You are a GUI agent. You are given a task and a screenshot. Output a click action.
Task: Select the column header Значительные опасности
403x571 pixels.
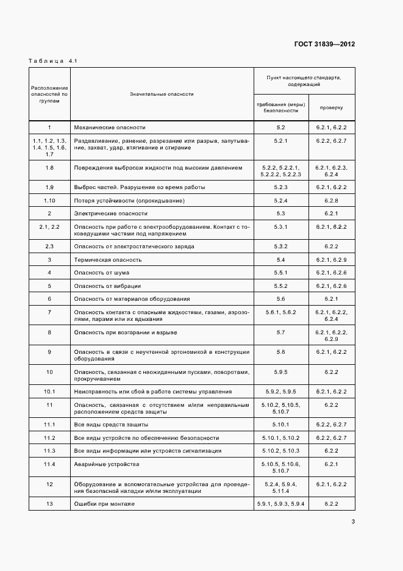[162, 94]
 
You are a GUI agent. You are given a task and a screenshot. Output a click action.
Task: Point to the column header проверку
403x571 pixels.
[331, 107]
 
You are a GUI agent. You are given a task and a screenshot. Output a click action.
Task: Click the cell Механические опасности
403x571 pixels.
[110, 127]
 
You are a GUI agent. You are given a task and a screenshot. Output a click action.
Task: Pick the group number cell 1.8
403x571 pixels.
[49, 167]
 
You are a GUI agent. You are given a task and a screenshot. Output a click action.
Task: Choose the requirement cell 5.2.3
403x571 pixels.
[280, 187]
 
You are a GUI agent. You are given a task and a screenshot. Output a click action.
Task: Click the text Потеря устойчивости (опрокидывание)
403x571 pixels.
[129, 200]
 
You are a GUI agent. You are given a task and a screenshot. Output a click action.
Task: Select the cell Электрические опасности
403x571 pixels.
[111, 214]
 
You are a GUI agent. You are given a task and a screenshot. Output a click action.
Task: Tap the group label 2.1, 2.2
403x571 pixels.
[49, 227]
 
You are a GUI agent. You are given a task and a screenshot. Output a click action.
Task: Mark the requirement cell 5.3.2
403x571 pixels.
[280, 246]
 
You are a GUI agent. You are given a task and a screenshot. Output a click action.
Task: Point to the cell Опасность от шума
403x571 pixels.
[101, 273]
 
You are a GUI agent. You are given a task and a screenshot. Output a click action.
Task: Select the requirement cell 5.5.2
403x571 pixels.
[280, 285]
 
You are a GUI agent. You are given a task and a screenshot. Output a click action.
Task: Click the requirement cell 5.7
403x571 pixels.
[280, 332]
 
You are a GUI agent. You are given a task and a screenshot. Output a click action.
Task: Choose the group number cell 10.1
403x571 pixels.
[49, 391]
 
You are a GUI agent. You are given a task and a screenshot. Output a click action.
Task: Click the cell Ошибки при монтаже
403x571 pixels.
[104, 503]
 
